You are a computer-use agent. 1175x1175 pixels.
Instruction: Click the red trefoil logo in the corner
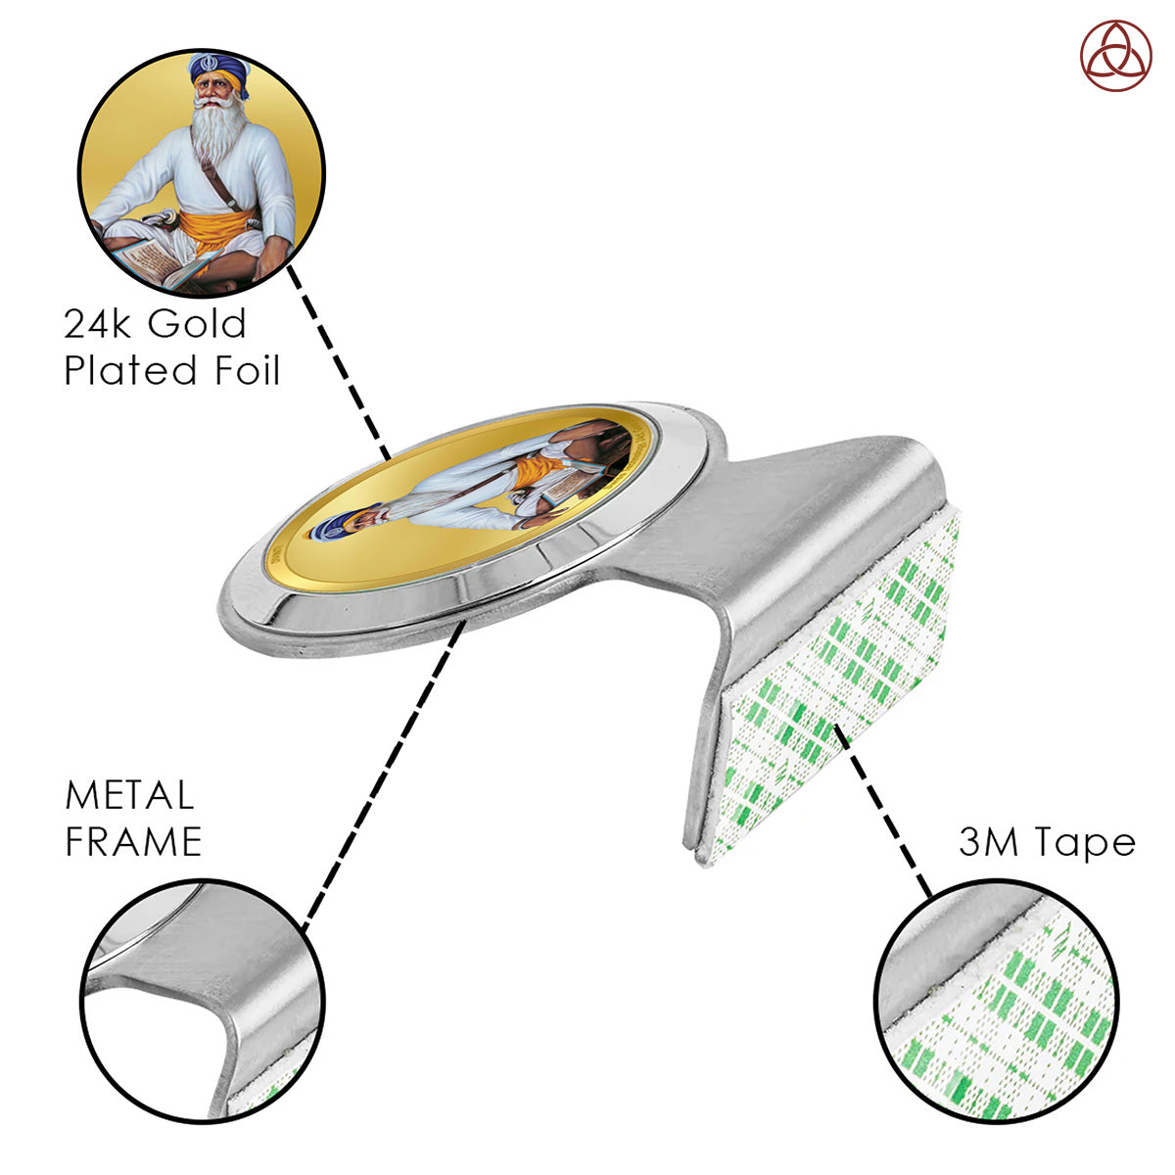1116,56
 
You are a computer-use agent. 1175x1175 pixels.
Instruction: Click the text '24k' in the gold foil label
96,323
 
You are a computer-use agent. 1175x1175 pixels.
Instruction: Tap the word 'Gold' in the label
197,323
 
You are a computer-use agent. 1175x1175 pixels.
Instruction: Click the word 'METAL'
129,795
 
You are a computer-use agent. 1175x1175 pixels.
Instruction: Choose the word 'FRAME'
133,841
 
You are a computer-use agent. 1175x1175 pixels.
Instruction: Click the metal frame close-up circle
203,1001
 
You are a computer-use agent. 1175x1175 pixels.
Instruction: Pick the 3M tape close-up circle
997,1001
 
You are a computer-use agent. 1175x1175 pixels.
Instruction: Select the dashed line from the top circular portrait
339,362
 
